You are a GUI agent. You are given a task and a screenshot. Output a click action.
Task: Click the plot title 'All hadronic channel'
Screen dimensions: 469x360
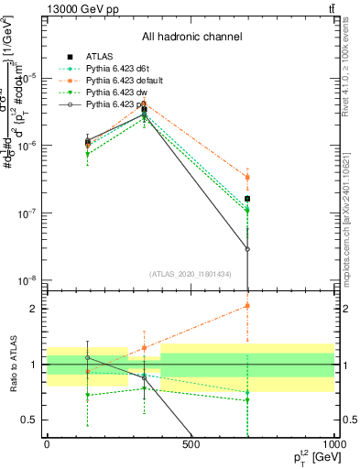pos(191,37)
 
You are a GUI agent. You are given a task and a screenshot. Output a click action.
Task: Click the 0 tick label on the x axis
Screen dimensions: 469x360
pos(47,445)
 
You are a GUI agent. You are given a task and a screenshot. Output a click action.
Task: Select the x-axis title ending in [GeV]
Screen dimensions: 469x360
pos(310,457)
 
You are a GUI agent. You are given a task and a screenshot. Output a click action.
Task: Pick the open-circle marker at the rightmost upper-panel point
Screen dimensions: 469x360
pos(247,249)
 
